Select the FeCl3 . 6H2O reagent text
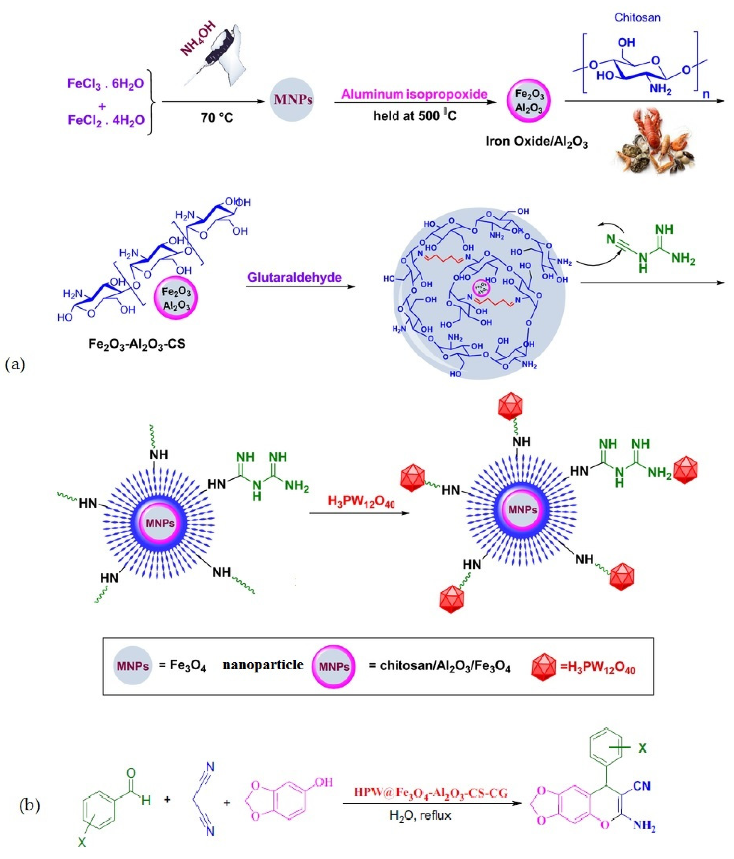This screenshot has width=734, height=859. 106,84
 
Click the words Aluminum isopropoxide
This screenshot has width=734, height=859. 414,95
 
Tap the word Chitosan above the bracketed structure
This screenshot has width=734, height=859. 637,17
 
